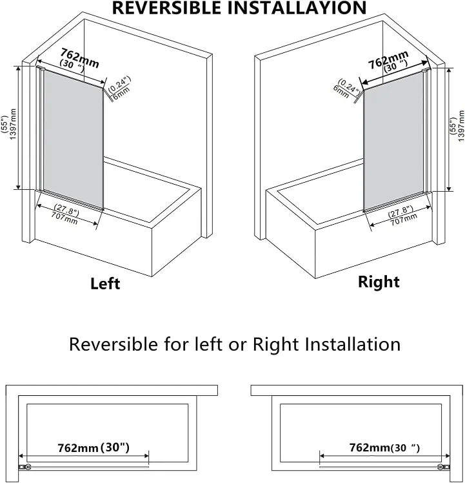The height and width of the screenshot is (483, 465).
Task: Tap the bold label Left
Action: coord(105,283)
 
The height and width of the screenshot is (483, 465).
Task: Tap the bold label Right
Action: coord(379,282)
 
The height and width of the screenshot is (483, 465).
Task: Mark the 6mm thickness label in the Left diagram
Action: coord(120,96)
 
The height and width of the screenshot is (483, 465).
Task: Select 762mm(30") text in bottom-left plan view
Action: coord(94,447)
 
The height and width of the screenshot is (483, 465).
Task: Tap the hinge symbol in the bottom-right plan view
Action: coord(443,467)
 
